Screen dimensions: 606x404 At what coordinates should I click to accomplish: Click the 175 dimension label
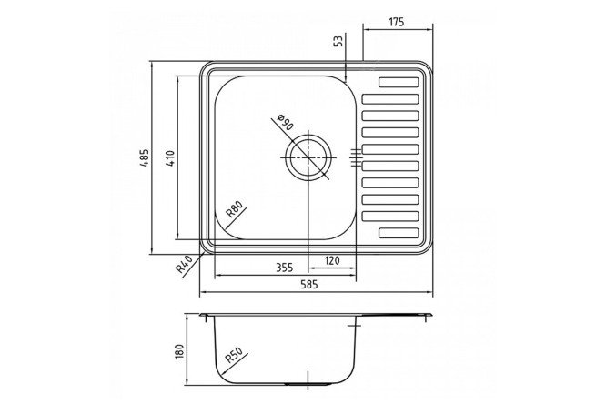click(396, 23)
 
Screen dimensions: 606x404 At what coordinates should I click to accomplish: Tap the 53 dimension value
click(338, 41)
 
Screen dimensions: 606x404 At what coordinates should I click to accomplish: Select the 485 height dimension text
click(144, 157)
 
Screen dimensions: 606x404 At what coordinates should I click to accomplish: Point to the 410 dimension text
click(170, 158)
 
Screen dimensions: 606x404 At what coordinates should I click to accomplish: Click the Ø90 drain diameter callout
click(286, 122)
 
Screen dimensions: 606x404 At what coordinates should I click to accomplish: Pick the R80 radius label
click(236, 209)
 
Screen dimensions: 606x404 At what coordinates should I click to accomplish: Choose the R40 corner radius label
click(184, 264)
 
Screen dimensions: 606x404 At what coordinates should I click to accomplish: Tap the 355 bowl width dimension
click(285, 268)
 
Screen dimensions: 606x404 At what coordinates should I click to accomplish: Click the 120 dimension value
click(331, 260)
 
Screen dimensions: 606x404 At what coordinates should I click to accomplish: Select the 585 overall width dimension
click(309, 285)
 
